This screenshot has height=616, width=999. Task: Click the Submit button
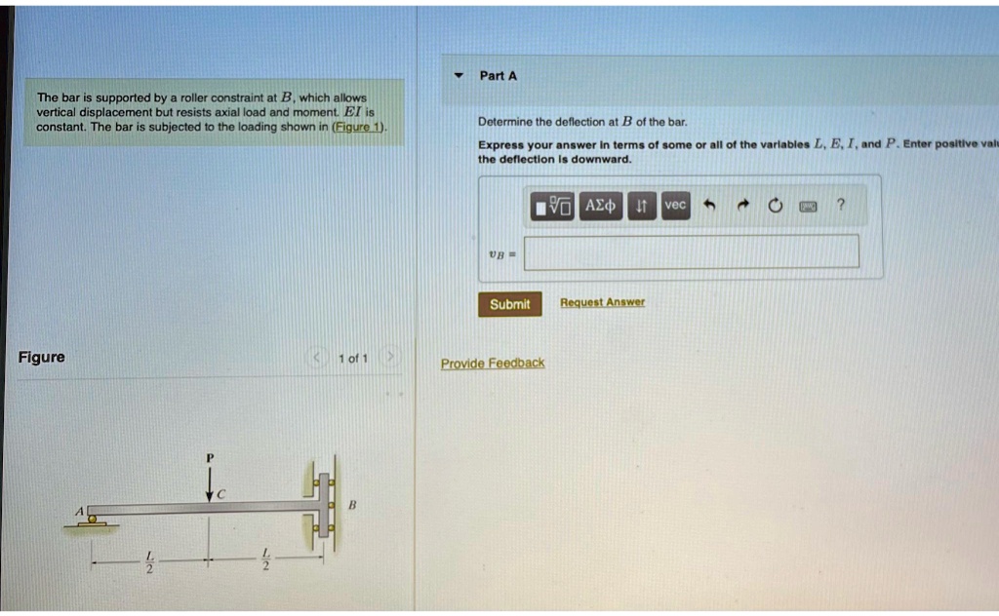[x=509, y=304]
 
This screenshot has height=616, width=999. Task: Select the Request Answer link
[x=602, y=302]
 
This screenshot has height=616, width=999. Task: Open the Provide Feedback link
[x=493, y=363]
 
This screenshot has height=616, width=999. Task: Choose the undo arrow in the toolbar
[x=710, y=206]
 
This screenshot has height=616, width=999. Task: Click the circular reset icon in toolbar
[x=776, y=206]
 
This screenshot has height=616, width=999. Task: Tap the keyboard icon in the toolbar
[x=809, y=206]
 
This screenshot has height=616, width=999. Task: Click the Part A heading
[x=499, y=75]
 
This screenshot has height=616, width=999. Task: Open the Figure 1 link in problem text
[x=359, y=127]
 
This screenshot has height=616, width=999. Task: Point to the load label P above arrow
[x=208, y=456]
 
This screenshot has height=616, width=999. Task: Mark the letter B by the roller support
[x=353, y=506]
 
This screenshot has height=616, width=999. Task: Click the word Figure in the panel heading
[x=42, y=357]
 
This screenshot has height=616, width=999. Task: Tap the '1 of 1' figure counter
[x=352, y=359]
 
